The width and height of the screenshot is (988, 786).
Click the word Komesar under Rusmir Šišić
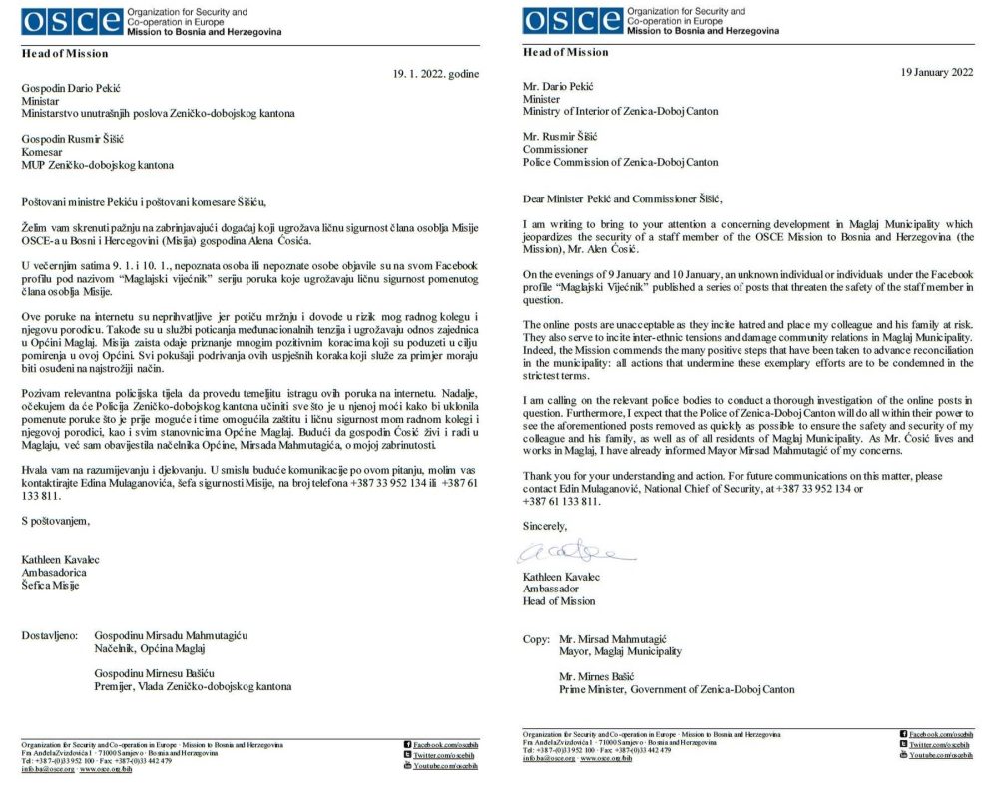click(43, 151)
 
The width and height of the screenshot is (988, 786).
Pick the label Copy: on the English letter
click(538, 638)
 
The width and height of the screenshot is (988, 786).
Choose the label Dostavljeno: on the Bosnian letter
click(52, 634)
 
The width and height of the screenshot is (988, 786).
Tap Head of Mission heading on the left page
click(65, 53)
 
